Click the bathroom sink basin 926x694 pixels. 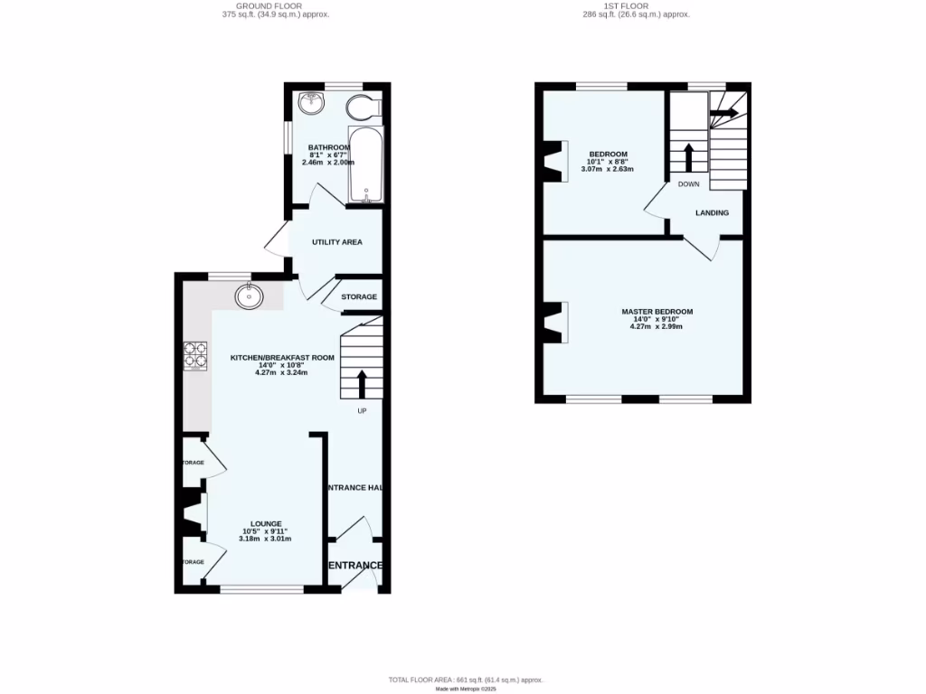tap(312, 102)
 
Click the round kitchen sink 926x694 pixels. tap(248, 295)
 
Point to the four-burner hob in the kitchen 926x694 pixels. tap(195, 355)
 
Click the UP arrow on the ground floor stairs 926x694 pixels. tap(363, 383)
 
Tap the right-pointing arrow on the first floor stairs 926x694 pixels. tap(724, 113)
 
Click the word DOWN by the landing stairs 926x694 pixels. tap(688, 183)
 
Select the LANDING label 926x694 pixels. tap(712, 213)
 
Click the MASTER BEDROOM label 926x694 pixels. tap(657, 312)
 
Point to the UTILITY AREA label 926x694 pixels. tap(337, 242)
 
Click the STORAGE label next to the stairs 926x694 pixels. tap(359, 296)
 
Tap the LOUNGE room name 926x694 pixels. tap(266, 523)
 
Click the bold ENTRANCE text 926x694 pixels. tap(354, 566)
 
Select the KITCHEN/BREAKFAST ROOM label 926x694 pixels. tap(282, 358)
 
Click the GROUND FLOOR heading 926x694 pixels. tap(275, 7)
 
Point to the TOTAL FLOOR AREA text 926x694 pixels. tap(465, 680)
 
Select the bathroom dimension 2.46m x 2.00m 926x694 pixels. tap(328, 162)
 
